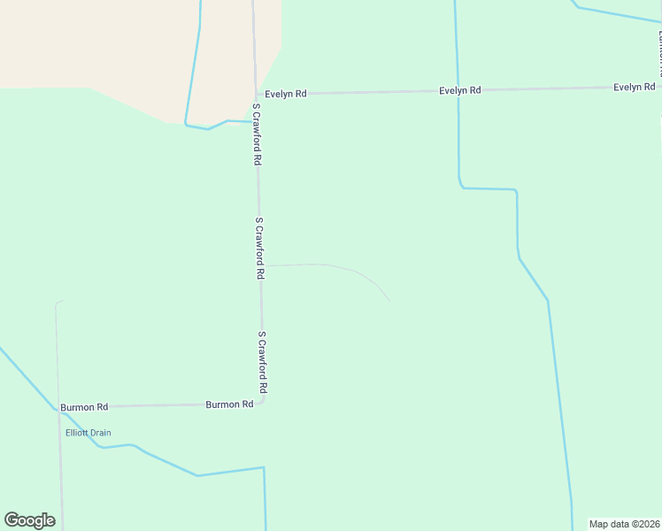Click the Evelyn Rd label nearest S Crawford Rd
pyautogui.click(x=285, y=93)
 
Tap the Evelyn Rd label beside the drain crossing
pyautogui.click(x=460, y=90)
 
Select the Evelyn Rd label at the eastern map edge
pyautogui.click(x=635, y=87)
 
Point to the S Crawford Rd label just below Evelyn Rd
pyautogui.click(x=257, y=135)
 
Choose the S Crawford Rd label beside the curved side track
pyautogui.click(x=259, y=249)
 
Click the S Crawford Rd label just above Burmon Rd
pyautogui.click(x=262, y=363)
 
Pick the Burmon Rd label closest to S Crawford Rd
pyautogui.click(x=229, y=404)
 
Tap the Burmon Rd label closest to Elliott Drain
pyautogui.click(x=84, y=407)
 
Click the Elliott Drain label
pyautogui.click(x=88, y=433)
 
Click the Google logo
pyautogui.click(x=29, y=520)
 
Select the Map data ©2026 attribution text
pyautogui.click(x=625, y=524)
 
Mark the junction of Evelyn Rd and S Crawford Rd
pyautogui.click(x=256, y=94)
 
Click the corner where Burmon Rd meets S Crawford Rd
pyautogui.click(x=263, y=403)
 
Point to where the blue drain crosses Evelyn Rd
pyautogui.click(x=458, y=90)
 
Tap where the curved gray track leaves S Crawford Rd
pyautogui.click(x=260, y=265)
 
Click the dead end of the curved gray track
pyautogui.click(x=390, y=301)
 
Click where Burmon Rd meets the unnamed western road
pyautogui.click(x=58, y=408)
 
